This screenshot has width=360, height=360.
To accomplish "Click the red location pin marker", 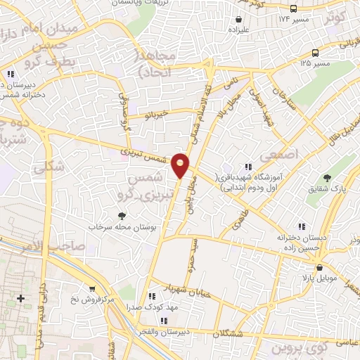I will coord(181,165).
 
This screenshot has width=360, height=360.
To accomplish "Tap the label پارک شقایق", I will coord(326,189).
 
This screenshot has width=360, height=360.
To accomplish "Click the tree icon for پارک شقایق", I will coord(326,177).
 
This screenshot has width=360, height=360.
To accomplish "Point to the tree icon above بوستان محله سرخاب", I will coord(122,217).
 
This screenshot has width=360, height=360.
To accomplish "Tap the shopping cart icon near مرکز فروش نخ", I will coord(91,288).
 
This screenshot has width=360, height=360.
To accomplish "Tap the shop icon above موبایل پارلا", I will coord(321,267).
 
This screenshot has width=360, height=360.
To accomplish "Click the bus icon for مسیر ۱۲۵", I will coord(317,52).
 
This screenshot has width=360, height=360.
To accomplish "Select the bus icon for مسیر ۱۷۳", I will coord(294,9).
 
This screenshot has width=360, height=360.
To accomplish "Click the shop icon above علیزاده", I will coord(240,19).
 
